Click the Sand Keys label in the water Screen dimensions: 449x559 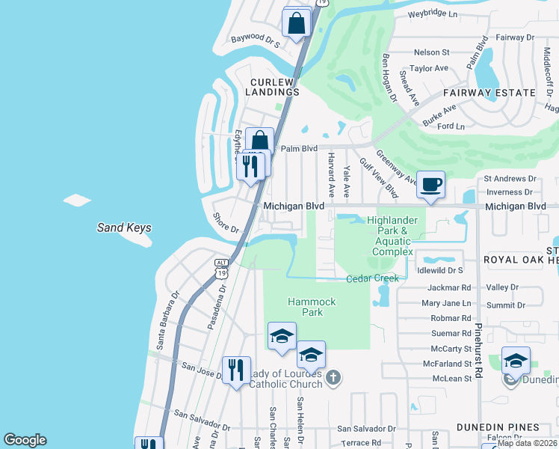click(x=124, y=228)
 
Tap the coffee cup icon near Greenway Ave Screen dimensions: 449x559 click(x=430, y=185)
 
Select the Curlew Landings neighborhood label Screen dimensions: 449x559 click(x=265, y=86)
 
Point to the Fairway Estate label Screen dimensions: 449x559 click(x=489, y=93)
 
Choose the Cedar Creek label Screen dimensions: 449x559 click(x=373, y=278)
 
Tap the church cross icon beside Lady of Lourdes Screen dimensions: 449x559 click(x=333, y=376)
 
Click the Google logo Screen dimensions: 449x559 click(x=25, y=440)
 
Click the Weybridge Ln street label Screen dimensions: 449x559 click(x=433, y=13)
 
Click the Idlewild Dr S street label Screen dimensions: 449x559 click(x=440, y=269)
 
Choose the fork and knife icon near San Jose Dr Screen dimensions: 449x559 click(x=236, y=370)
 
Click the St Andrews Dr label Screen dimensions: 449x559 click(x=510, y=179)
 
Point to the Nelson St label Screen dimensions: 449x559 click(x=431, y=52)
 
